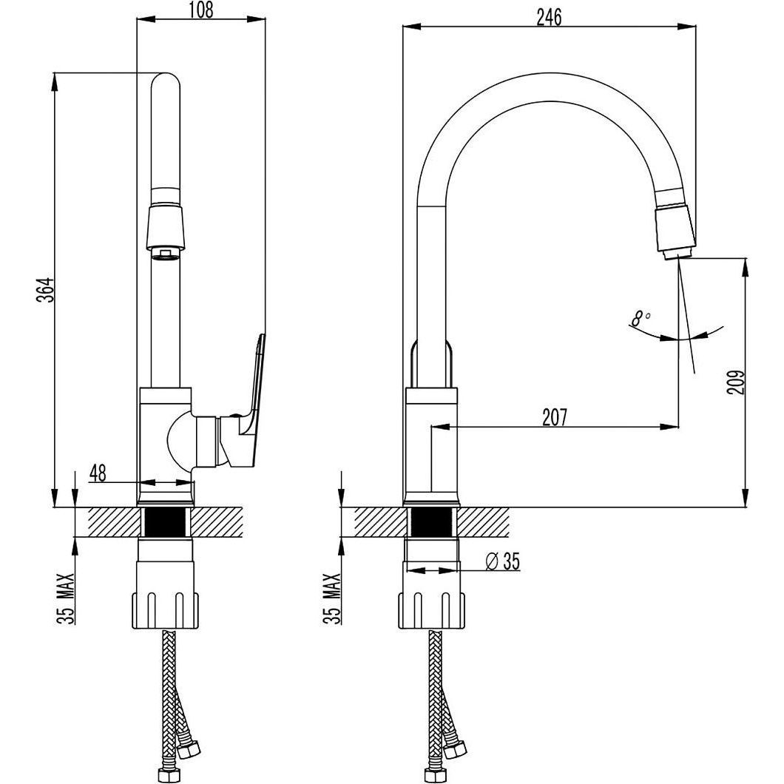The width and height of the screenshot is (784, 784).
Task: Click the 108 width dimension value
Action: click(x=201, y=10)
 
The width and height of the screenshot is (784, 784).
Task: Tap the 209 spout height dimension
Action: click(x=736, y=382)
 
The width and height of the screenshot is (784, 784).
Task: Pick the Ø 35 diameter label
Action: click(x=502, y=561)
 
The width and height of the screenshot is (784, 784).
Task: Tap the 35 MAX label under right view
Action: click(x=334, y=597)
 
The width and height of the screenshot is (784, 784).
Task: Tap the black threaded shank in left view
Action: click(x=166, y=522)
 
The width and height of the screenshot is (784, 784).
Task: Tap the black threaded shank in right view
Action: click(x=433, y=522)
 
